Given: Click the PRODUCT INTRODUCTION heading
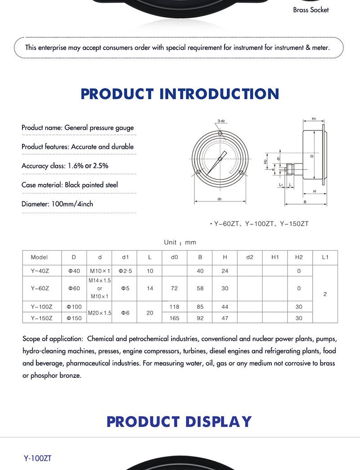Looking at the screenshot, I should (x=180, y=94).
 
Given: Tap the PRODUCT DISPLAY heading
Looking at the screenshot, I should (x=179, y=421).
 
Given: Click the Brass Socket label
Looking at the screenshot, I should (x=311, y=9).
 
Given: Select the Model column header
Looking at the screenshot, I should (x=39, y=257).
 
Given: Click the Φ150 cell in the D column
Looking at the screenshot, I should (x=74, y=318).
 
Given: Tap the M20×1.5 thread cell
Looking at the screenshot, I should (x=100, y=313).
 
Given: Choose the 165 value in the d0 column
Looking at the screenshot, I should (x=175, y=318).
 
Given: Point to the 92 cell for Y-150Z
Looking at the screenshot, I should (x=200, y=318).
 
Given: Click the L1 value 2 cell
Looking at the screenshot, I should (x=325, y=294).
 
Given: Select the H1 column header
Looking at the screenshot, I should (x=275, y=257).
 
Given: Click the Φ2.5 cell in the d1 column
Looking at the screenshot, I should (x=126, y=271).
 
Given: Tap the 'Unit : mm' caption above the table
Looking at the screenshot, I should (x=180, y=242).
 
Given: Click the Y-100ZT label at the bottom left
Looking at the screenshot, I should (x=38, y=458).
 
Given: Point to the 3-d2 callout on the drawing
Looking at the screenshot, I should (x=221, y=121).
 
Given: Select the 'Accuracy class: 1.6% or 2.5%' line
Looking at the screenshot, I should (x=65, y=166).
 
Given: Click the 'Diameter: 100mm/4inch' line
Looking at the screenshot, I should (x=58, y=204).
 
